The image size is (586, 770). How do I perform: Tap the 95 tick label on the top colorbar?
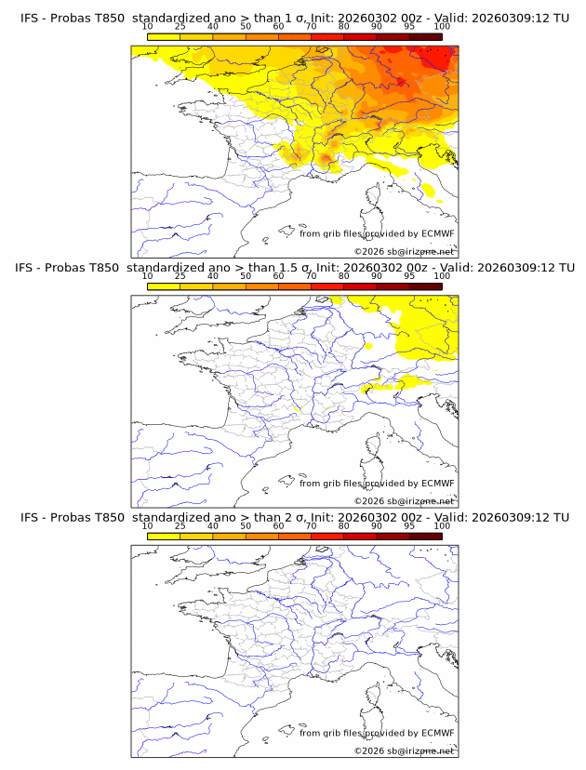click(409, 27)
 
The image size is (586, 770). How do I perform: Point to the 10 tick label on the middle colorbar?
click(147, 276)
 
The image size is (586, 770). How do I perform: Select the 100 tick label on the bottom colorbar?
click(442, 525)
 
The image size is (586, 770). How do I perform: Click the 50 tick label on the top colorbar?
click(246, 27)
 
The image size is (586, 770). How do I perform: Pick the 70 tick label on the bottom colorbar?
click(311, 525)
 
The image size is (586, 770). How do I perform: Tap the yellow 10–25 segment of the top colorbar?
click(164, 36)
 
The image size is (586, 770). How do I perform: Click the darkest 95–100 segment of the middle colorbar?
click(425, 285)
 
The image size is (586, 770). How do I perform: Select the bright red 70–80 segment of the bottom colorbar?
click(327, 535)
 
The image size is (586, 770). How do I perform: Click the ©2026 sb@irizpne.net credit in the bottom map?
click(404, 750)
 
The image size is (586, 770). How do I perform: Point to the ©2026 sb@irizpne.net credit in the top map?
click(404, 251)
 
